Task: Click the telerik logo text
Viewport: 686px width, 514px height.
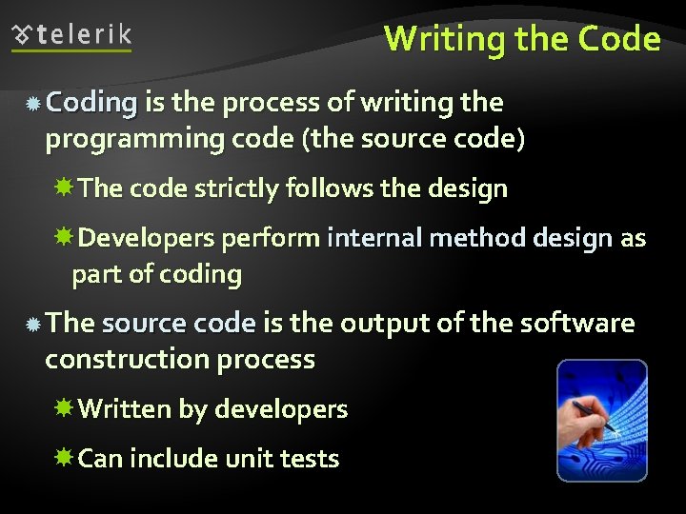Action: [x=85, y=36]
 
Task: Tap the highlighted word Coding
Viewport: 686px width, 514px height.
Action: [x=91, y=102]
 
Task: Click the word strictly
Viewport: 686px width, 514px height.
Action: [x=234, y=188]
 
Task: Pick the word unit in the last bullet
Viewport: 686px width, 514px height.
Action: [x=249, y=459]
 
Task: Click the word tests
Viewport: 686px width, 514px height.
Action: [x=310, y=459]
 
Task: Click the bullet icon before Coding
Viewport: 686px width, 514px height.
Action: [x=32, y=104]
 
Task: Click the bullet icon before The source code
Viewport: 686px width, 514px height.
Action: [x=32, y=325]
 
